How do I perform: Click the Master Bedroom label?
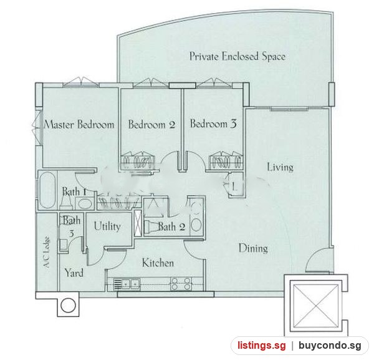[x=79, y=125]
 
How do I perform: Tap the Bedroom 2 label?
[x=151, y=124]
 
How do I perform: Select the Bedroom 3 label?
[x=213, y=124]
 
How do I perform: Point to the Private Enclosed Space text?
[x=237, y=57]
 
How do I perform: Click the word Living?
[x=280, y=167]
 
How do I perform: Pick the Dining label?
[x=253, y=248]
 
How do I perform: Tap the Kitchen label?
[x=158, y=263]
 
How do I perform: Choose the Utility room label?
[x=107, y=226]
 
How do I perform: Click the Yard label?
[x=74, y=273]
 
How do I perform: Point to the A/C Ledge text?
[x=47, y=252]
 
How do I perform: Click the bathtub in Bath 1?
[x=47, y=190]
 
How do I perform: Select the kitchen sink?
[x=127, y=284]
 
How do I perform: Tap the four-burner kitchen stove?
[x=181, y=284]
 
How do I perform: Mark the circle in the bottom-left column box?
[x=68, y=305]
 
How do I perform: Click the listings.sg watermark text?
[x=261, y=346]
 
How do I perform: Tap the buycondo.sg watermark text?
[x=330, y=346]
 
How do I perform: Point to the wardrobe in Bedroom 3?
[x=225, y=162]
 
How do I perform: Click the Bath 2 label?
[x=171, y=226]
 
